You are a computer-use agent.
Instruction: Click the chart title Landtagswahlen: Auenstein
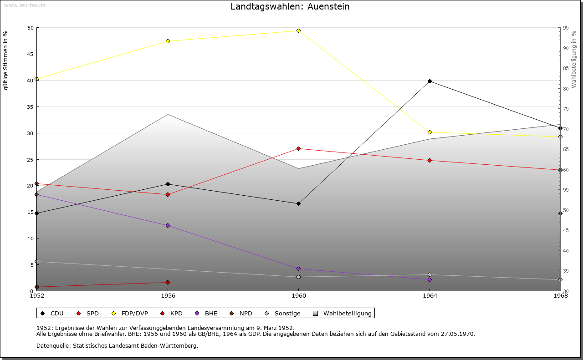coord(290,6)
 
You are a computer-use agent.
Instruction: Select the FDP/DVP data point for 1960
coord(298,30)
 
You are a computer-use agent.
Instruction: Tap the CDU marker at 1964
coord(430,81)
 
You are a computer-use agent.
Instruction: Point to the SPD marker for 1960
coord(298,148)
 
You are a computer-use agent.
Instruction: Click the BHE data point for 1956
coord(168,225)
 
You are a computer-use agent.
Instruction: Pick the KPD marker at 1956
coord(168,282)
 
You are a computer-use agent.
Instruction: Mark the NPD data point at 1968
coord(560,213)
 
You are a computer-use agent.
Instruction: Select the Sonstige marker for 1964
coord(430,274)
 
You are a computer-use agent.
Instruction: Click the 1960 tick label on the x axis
coord(298,296)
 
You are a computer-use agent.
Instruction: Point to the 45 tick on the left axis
coord(30,54)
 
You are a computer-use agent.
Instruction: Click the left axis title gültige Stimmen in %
coord(5,60)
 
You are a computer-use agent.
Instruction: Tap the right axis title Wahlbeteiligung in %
coord(574,59)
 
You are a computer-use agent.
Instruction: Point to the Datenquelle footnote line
coord(117,345)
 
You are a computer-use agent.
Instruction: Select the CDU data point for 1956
coord(168,184)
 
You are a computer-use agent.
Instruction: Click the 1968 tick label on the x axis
coord(560,296)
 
